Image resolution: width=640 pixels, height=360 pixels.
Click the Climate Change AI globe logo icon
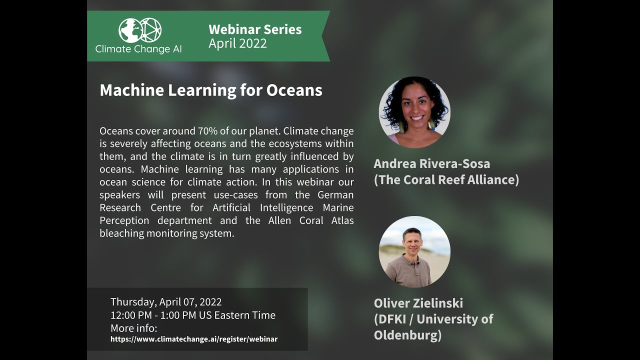140,30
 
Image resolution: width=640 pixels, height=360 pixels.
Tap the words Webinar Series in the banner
255,29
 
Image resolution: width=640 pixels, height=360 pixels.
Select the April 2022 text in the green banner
237,44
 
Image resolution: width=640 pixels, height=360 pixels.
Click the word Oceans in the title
294,90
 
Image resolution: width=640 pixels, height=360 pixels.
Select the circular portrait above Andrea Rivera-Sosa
414,112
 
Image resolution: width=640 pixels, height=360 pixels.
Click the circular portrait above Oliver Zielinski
414,251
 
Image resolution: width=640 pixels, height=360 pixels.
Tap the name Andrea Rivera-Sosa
431,163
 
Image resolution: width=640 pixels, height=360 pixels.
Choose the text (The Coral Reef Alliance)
446,179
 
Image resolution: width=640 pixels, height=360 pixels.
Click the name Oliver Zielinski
418,303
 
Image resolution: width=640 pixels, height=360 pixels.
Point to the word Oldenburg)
407,335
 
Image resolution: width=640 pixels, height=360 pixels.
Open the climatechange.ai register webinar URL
194,339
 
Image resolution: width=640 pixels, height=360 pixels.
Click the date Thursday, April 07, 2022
166,302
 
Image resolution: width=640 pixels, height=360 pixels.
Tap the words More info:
133,328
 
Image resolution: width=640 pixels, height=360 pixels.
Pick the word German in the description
335,194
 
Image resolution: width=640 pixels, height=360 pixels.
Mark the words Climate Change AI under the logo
138,49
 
